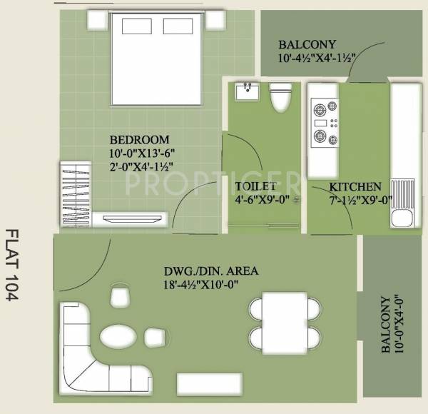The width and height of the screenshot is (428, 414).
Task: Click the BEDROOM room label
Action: click(x=139, y=139)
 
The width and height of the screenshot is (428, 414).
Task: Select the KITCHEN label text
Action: click(x=350, y=187)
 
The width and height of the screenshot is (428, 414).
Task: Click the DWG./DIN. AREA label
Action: click(x=201, y=271)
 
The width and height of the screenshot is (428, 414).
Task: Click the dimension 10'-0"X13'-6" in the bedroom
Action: click(x=142, y=153)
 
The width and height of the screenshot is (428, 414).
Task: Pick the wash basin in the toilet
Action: click(x=248, y=91)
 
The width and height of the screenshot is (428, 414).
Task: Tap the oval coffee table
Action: click(x=116, y=335)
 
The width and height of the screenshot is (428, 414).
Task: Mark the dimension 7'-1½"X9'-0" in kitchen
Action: click(x=350, y=200)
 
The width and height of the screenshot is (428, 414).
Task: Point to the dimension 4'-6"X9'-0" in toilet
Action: click(x=262, y=200)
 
